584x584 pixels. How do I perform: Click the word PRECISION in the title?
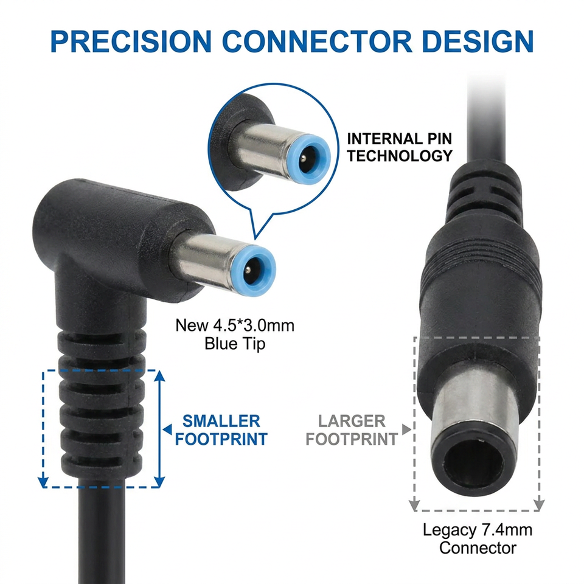pyautogui.click(x=131, y=41)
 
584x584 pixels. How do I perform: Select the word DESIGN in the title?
pyautogui.click(x=479, y=41)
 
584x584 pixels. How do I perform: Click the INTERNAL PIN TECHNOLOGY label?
pyautogui.click(x=399, y=147)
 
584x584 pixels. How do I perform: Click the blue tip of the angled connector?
pyautogui.click(x=253, y=271)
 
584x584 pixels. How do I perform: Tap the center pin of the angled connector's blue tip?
pyautogui.click(x=248, y=271)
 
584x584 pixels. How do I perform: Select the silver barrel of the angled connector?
pyautogui.click(x=203, y=259)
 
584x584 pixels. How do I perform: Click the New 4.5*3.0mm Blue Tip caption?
pyautogui.click(x=235, y=335)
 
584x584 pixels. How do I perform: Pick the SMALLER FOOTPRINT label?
pyautogui.click(x=221, y=430)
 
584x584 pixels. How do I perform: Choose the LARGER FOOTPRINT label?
pyautogui.click(x=352, y=430)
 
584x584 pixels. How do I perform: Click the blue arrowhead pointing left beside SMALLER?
pyautogui.click(x=167, y=429)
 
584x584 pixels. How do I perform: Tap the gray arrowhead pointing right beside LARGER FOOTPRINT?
pyautogui.click(x=406, y=429)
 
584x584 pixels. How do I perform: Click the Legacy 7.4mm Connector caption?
pyautogui.click(x=478, y=538)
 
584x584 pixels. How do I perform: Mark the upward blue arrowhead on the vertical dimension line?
pyautogui.click(x=159, y=375)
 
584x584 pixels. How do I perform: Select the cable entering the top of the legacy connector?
pyautogui.click(x=487, y=119)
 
